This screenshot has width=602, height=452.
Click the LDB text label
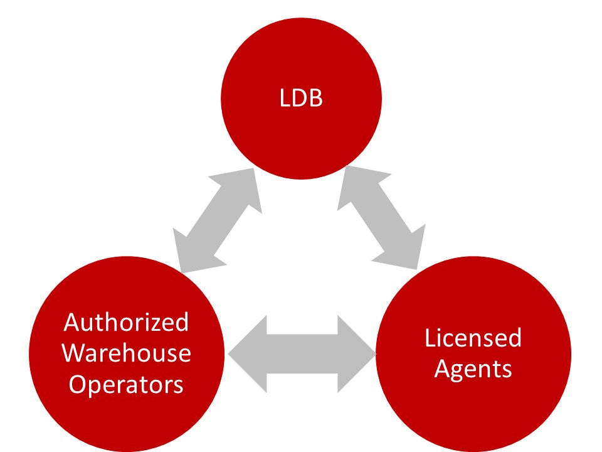[301, 99]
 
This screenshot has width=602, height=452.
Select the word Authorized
[127, 323]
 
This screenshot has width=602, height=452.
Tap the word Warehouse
[127, 353]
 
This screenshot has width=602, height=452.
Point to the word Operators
[127, 384]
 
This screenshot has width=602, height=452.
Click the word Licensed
[473, 338]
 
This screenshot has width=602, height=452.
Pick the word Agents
[473, 369]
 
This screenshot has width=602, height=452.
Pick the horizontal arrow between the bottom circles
[302, 355]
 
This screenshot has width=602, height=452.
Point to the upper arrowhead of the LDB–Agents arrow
[354, 183]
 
